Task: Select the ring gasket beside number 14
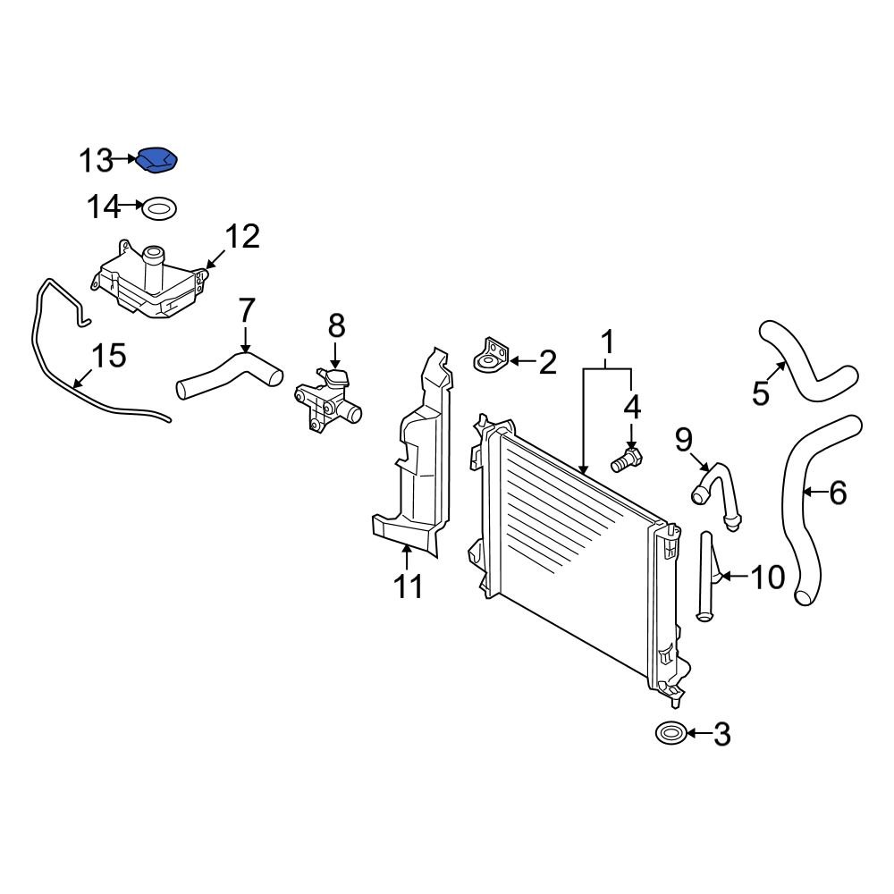point(159,210)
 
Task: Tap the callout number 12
point(241,237)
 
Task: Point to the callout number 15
point(109,356)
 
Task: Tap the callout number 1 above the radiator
point(608,342)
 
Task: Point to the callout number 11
point(409,586)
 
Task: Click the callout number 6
point(838,493)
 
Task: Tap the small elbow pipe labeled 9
point(717,490)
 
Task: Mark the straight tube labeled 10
point(706,577)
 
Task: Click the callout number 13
point(96,161)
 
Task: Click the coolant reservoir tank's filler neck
point(154,261)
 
